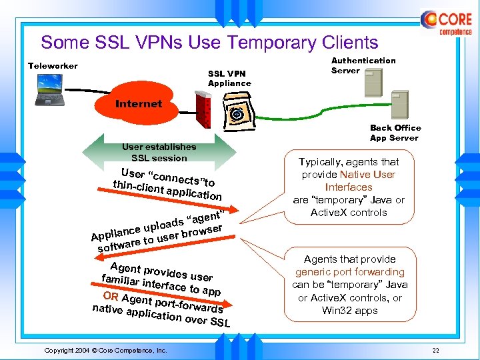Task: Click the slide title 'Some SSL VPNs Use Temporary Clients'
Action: click(209, 43)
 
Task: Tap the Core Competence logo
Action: click(446, 24)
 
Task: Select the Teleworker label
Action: click(53, 65)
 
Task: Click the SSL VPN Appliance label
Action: click(229, 79)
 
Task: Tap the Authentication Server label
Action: click(363, 65)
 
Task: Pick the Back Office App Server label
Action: click(395, 133)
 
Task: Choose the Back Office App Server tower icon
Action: click(399, 105)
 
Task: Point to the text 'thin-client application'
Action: click(167, 190)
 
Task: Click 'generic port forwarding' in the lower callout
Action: click(349, 272)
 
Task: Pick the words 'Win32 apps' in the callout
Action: click(349, 311)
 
